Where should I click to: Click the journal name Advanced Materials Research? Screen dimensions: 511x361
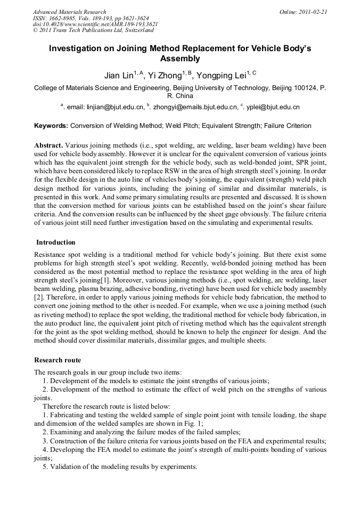tap(69, 12)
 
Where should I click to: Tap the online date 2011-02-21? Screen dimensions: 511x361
tap(314, 12)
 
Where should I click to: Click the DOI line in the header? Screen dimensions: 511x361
tap(95, 25)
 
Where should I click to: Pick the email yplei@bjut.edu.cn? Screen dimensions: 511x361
tap(272, 107)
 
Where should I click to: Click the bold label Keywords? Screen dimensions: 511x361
tap(51, 126)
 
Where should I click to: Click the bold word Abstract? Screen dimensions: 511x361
tap(48, 145)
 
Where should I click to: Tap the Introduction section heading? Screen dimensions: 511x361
tap(56, 242)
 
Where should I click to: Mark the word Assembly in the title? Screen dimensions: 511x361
tap(180, 59)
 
